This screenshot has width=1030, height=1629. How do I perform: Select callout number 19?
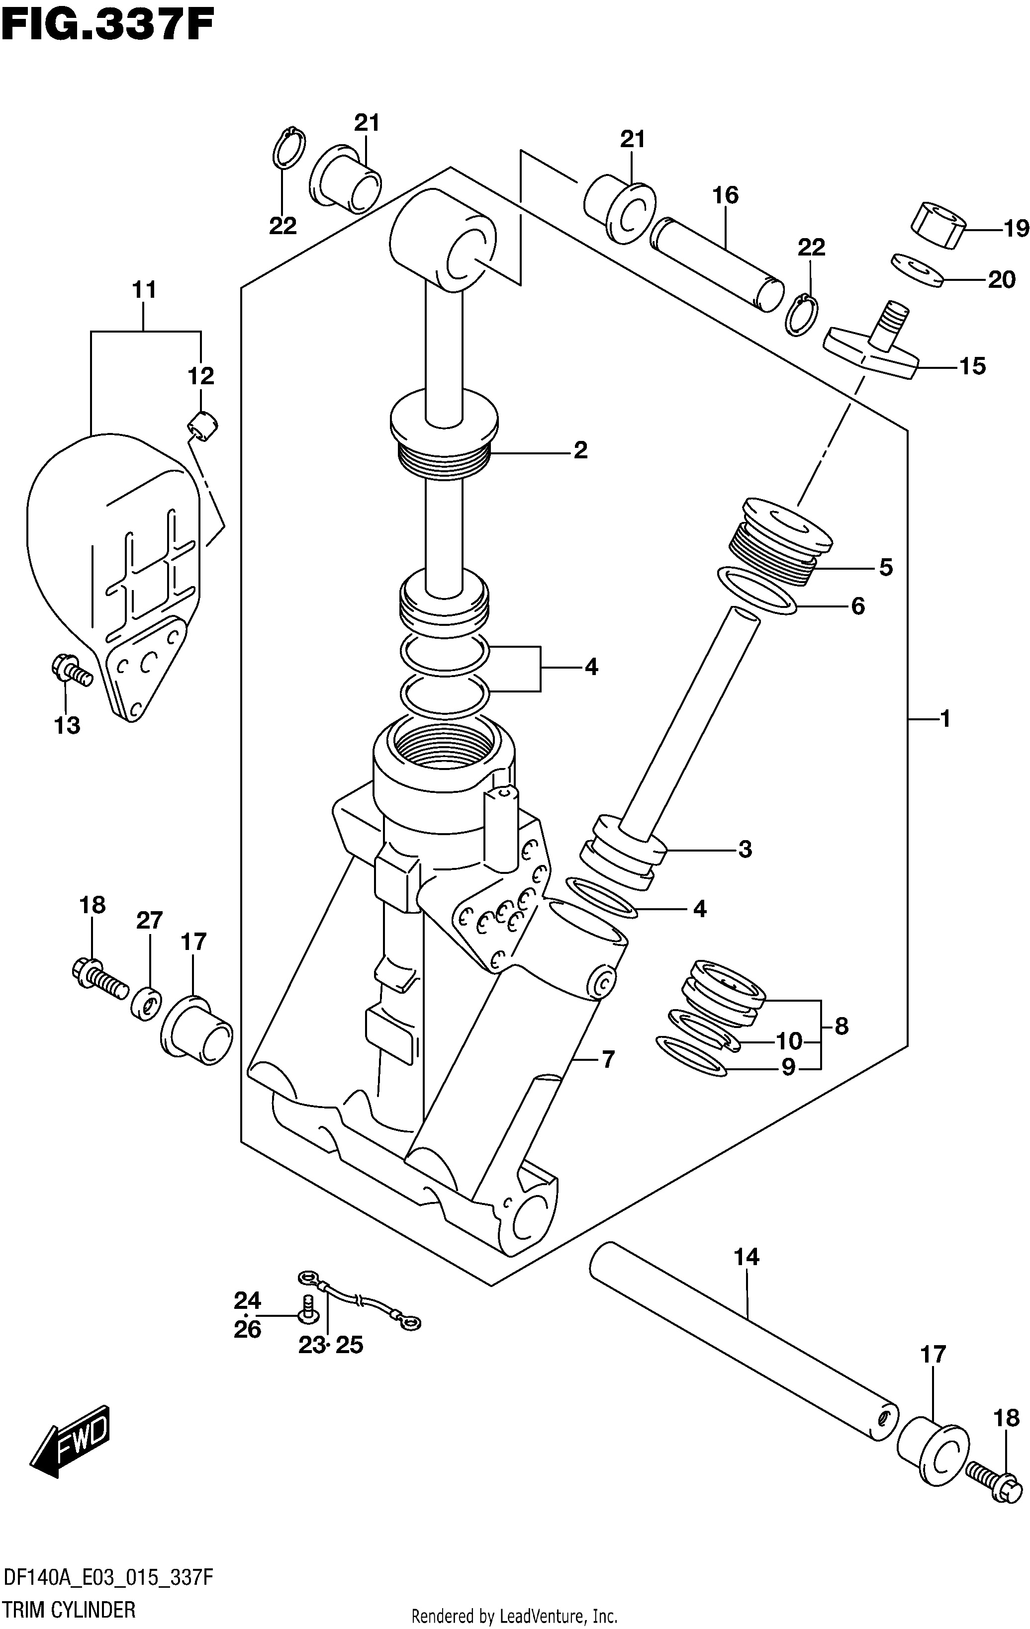click(1015, 229)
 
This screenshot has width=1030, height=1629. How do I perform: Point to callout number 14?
click(747, 1257)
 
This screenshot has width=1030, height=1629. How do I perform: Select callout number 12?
click(201, 375)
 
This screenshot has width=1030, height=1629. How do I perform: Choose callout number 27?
click(150, 920)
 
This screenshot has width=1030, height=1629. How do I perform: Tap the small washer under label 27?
click(147, 1005)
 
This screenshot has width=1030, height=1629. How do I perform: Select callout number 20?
click(1002, 279)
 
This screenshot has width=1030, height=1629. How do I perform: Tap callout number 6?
click(857, 605)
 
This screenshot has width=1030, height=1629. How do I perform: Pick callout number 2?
click(580, 450)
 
